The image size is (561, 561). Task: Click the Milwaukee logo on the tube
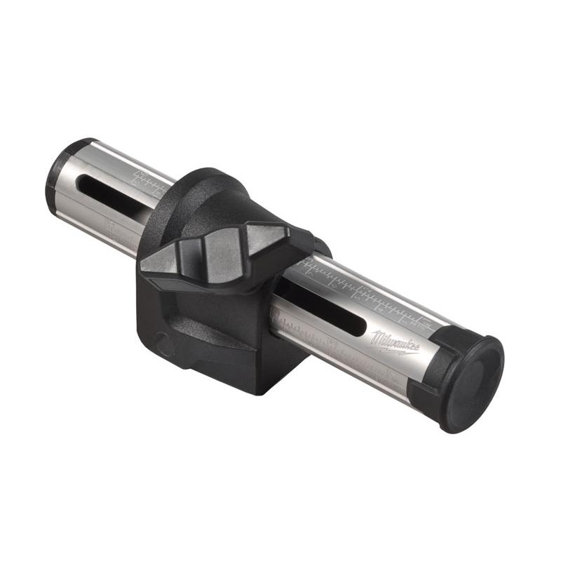[x=395, y=342]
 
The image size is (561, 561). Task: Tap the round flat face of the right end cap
[x=475, y=381]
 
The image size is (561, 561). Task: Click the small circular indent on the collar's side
[x=163, y=344]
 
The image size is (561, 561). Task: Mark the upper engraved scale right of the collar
[x=365, y=291]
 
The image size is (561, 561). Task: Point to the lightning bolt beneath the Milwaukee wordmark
[x=396, y=349]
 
